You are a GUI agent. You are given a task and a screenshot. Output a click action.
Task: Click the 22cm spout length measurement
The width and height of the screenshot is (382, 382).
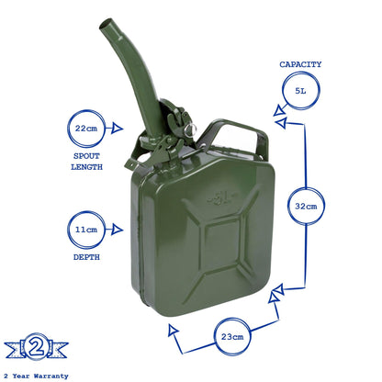click(86, 129)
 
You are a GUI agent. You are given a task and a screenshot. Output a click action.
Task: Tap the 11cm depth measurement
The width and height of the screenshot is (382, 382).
click(86, 230)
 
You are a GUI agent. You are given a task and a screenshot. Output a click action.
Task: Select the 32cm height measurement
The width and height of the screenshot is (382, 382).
click(306, 206)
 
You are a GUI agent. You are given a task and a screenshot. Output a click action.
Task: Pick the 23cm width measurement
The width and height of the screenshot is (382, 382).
click(232, 337)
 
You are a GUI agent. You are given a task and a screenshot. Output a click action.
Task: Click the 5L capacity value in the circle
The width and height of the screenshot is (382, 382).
click(300, 91)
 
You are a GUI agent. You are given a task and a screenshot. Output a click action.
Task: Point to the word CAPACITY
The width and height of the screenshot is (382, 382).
click(300, 64)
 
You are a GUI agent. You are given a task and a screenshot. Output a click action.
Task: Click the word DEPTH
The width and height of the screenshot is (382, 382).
click(86, 257)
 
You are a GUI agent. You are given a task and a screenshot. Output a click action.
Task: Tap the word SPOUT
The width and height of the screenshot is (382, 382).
click(86, 156)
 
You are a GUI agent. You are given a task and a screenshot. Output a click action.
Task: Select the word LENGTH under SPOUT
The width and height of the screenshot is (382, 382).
click(86, 167)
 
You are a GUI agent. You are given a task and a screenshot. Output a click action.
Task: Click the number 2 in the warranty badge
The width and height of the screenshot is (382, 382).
click(37, 347)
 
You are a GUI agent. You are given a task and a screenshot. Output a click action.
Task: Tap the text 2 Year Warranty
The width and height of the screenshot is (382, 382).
click(36, 376)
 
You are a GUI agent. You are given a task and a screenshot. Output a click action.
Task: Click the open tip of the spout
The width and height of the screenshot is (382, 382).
click(107, 24)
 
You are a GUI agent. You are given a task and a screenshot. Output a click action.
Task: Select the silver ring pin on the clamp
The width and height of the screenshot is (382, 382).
click(189, 130)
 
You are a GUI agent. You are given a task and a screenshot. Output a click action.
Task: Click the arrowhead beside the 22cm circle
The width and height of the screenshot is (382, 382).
click(117, 129)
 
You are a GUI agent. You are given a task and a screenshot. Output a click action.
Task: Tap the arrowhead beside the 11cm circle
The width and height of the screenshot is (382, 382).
click(117, 230)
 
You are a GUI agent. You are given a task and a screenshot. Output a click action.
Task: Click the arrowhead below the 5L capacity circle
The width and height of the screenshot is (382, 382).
click(279, 111)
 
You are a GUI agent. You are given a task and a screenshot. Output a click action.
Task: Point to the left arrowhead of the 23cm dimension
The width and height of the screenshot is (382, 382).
click(173, 330)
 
